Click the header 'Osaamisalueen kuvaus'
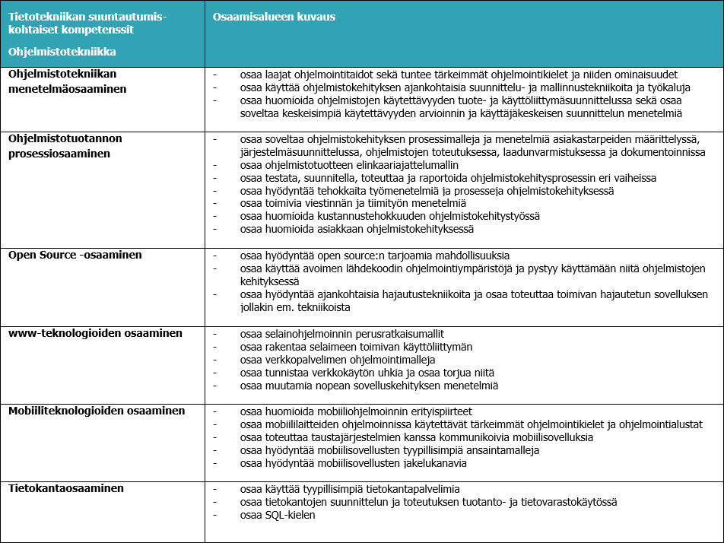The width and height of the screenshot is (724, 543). (274, 17)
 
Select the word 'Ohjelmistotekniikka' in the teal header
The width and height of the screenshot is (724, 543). (62, 52)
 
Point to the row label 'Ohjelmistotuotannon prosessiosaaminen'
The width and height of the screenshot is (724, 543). (65, 146)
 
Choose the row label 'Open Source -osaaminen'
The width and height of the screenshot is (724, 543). (75, 255)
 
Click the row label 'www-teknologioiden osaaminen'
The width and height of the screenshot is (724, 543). (95, 333)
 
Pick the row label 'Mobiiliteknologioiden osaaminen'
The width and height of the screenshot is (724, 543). (97, 411)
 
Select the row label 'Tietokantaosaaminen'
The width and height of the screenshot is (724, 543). (66, 488)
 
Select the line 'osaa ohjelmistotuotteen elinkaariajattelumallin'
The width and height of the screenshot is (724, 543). (349, 165)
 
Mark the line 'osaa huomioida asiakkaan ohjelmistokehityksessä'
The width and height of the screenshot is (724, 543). (356, 229)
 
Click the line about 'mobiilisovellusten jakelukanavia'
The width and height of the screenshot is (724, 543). (353, 463)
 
